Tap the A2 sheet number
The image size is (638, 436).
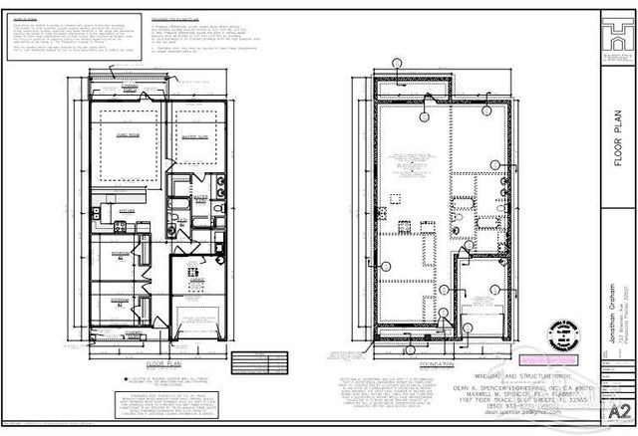coord(619,411)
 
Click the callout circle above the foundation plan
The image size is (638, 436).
coord(398,62)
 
